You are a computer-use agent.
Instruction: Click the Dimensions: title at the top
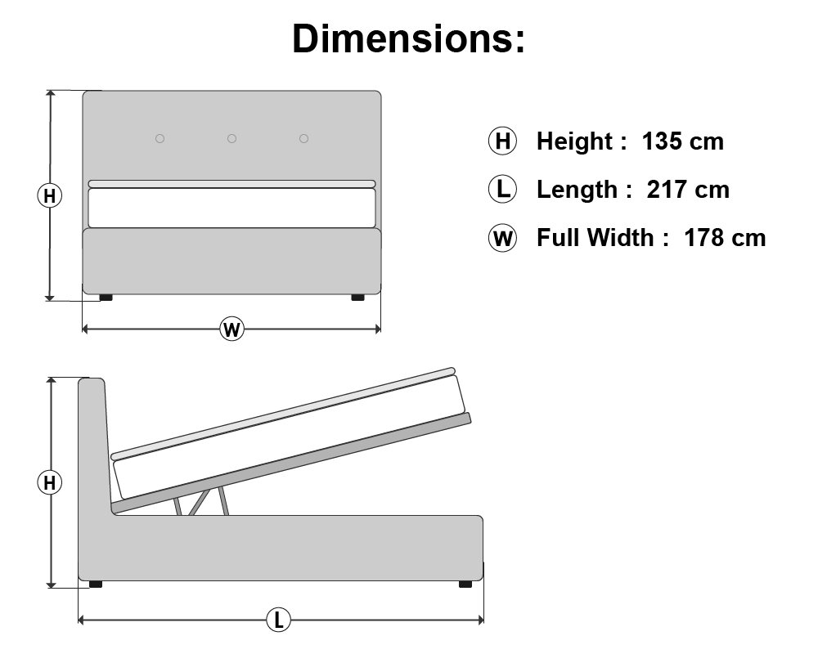click(x=408, y=38)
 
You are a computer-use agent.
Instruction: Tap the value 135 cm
click(x=683, y=141)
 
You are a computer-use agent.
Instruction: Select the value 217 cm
click(x=688, y=190)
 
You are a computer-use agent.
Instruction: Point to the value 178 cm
click(x=725, y=238)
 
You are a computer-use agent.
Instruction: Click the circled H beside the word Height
click(x=502, y=141)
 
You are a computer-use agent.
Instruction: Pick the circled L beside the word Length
click(x=502, y=189)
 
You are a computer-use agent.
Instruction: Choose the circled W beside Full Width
click(x=502, y=238)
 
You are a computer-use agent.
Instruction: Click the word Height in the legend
click(x=574, y=142)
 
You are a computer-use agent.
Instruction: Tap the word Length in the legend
click(x=577, y=190)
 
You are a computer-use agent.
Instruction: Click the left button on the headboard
click(x=160, y=138)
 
